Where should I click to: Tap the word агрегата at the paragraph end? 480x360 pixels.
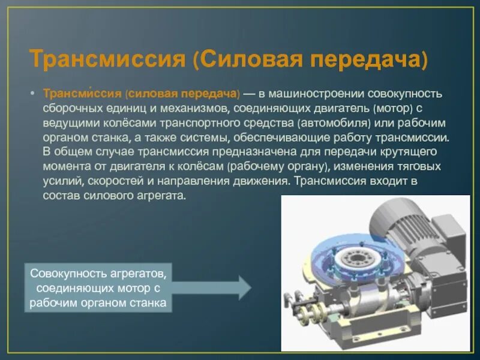162,196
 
